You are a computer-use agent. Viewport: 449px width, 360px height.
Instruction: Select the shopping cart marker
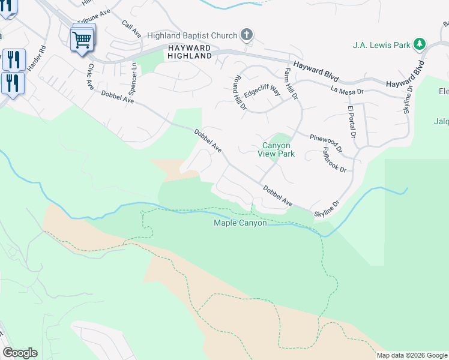[82, 40]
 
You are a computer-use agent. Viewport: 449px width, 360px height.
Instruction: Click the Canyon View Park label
[276, 149]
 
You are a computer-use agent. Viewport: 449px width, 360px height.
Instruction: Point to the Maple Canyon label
[240, 223]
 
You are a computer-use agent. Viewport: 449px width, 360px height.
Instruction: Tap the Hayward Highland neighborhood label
[189, 52]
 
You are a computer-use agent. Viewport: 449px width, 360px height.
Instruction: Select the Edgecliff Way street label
[262, 92]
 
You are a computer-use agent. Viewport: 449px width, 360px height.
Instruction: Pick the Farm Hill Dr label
[291, 83]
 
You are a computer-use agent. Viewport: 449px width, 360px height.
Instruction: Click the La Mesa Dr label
[348, 91]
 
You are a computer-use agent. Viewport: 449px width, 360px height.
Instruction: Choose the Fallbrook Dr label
[334, 160]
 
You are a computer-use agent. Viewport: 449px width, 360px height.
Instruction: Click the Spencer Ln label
[133, 79]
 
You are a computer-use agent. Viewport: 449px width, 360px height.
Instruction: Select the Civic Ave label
[91, 77]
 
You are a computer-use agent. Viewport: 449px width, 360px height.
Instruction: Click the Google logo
[20, 353]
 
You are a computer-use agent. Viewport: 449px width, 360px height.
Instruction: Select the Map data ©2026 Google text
[412, 355]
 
